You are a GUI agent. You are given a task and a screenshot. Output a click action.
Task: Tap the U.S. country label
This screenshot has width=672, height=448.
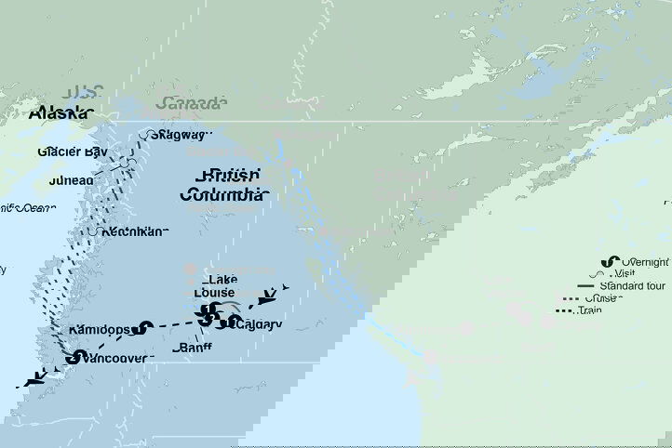(84, 93)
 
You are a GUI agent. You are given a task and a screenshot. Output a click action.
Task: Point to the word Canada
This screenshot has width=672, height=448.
(191, 102)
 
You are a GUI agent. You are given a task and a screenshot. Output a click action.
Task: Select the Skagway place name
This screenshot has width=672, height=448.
(182, 135)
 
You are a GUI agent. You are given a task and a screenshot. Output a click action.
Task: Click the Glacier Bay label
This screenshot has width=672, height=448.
(74, 152)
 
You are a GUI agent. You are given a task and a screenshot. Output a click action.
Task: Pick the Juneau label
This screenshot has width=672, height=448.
(66, 179)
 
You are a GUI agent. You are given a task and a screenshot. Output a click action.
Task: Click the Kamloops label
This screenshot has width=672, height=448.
(101, 329)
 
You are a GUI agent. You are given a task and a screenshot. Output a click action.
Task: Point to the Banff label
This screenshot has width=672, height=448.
(193, 348)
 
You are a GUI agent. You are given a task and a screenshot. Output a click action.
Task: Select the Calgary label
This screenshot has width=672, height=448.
(260, 323)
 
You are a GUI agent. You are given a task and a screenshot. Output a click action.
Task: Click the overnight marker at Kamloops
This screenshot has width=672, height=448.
(143, 327)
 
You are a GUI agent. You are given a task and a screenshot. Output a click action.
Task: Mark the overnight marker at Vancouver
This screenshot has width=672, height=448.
(71, 356)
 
